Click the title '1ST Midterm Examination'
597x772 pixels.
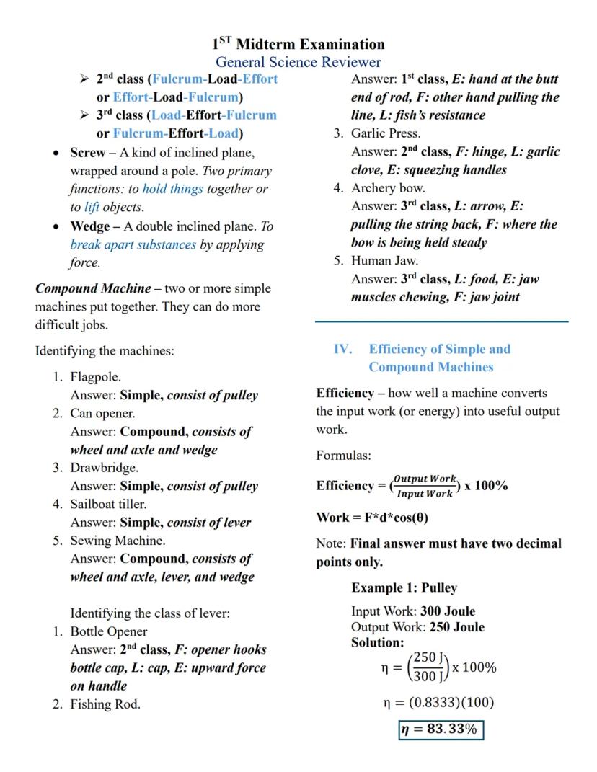coord(298,45)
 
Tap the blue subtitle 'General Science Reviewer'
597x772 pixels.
coord(298,63)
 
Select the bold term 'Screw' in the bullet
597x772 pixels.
coord(87,153)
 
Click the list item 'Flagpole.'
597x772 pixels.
coord(95,377)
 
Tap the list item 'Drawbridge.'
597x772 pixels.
coord(104,468)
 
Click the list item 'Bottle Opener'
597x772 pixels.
coord(108,631)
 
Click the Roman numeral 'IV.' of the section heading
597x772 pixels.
coord(342,350)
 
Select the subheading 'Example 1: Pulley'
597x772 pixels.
coord(404,587)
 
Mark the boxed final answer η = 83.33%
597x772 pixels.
coord(441,729)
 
